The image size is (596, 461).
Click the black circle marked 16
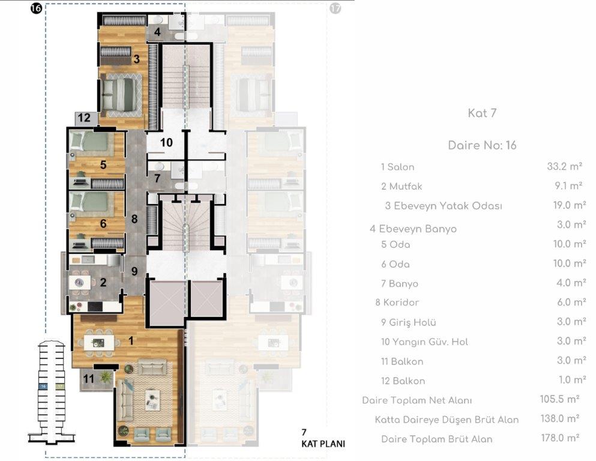(x=36, y=8)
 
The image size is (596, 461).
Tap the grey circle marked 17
(x=335, y=8)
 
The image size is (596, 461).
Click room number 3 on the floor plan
(x=136, y=59)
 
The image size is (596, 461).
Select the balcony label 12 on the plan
(x=84, y=118)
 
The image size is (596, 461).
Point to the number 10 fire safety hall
(x=166, y=142)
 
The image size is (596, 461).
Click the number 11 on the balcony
(x=89, y=379)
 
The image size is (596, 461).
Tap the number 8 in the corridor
(x=134, y=219)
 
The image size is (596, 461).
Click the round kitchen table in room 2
(x=79, y=282)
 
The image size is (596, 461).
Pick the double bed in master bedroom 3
(x=119, y=95)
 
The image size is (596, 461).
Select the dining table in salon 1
(x=99, y=343)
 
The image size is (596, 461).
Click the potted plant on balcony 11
(x=105, y=378)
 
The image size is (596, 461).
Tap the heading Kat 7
(x=482, y=113)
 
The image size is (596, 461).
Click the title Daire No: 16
(x=482, y=145)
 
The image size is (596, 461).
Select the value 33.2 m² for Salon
(x=564, y=166)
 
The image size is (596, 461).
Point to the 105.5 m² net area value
(x=559, y=399)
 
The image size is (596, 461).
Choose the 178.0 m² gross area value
(x=560, y=438)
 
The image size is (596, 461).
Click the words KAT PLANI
(x=323, y=444)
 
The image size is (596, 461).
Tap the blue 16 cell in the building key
(x=43, y=386)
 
